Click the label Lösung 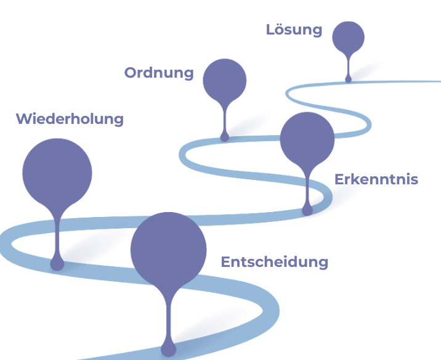pos(294,30)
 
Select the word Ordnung pos(159,73)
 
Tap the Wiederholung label pos(70,119)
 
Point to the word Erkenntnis pos(376,179)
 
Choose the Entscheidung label pos(274,262)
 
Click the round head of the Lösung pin pos(348,37)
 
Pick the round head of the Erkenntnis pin pos(307,139)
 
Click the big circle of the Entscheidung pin pos(168,250)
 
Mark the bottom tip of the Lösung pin pos(348,79)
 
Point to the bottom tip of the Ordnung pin pos(225,137)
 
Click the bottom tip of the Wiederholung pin pos(57,264)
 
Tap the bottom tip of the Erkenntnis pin pos(307,210)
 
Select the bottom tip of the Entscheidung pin pos(168,350)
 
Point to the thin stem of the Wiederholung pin pos(57,234)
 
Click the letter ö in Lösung pos(280,29)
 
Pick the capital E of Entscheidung pos(225,262)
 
